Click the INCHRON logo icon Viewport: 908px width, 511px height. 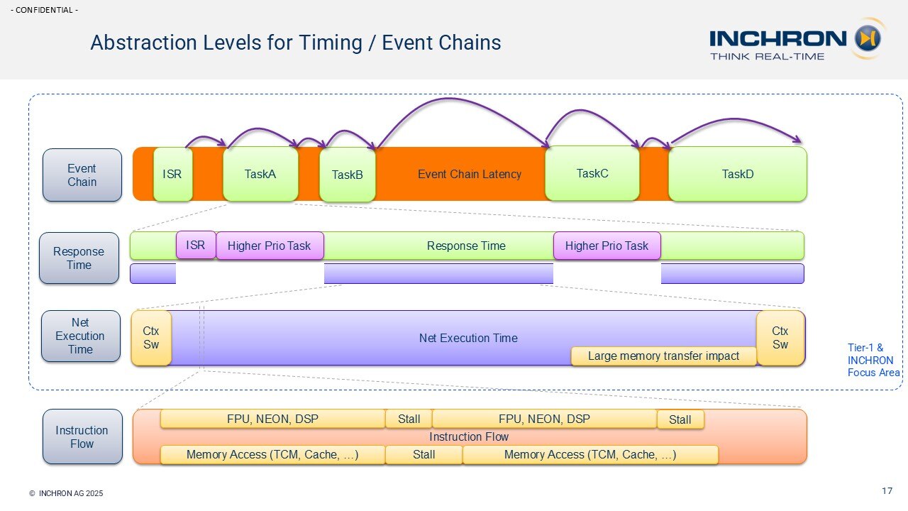pyautogui.click(x=867, y=38)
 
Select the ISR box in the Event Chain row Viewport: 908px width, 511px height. pyautogui.click(x=172, y=174)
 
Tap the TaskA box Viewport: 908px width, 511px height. pyautogui.click(x=260, y=174)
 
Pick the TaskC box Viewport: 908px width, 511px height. pyautogui.click(x=592, y=173)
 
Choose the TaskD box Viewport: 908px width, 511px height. pyautogui.click(x=737, y=174)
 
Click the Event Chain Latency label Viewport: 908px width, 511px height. pyautogui.click(x=469, y=174)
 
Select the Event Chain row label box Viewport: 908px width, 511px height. pyautogui.click(x=82, y=175)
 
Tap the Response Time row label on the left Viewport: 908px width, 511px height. pyautogui.click(x=79, y=258)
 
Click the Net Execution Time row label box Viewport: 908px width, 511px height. pyautogui.click(x=80, y=336)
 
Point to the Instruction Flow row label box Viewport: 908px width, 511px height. pyautogui.click(x=82, y=437)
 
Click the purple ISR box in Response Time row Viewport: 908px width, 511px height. pyautogui.click(x=196, y=246)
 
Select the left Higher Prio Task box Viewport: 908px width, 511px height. pyautogui.click(x=270, y=246)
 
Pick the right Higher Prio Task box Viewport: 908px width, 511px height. pyautogui.click(x=607, y=246)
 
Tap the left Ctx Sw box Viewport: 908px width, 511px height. pyautogui.click(x=151, y=338)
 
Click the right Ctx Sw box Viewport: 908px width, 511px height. pyautogui.click(x=780, y=338)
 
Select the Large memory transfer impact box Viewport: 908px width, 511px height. pyautogui.click(x=664, y=356)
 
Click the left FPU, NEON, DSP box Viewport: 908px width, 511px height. pyautogui.click(x=272, y=419)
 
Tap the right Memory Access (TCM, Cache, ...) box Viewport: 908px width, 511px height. pyautogui.click(x=590, y=455)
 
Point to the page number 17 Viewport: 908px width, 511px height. pyautogui.click(x=887, y=491)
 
